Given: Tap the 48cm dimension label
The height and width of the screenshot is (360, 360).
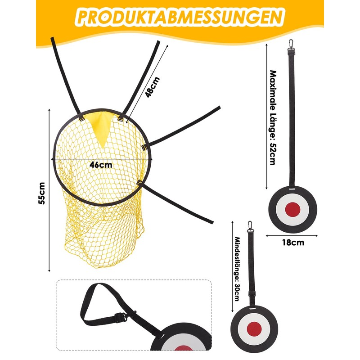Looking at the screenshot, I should pyautogui.click(x=153, y=87).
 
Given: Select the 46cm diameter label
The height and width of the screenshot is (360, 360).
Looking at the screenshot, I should pyautogui.click(x=101, y=165).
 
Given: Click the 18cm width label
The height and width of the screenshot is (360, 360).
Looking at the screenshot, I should pyautogui.click(x=293, y=243).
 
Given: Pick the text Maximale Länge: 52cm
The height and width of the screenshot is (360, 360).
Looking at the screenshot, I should pyautogui.click(x=272, y=117).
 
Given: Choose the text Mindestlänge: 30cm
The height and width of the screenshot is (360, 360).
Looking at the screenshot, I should pyautogui.click(x=237, y=268).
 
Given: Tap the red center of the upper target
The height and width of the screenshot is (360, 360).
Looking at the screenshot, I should pyautogui.click(x=293, y=208).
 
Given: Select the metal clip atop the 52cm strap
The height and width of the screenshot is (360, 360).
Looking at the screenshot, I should pyautogui.click(x=291, y=44).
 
